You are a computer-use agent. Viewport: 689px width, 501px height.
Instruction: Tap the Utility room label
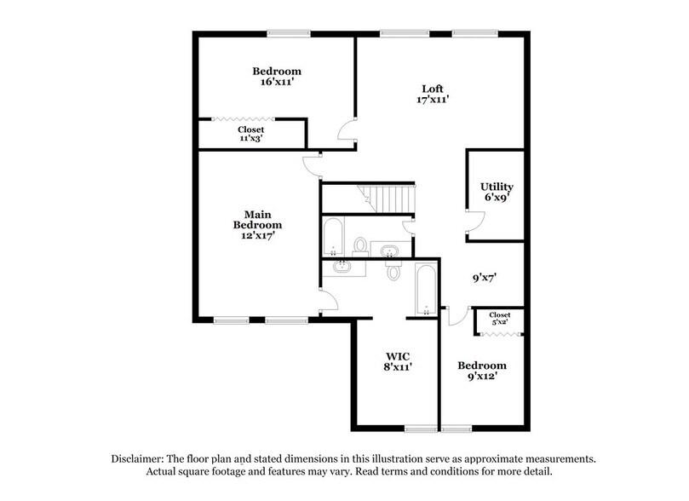coord(497,187)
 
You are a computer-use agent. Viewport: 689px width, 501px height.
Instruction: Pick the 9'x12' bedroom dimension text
coord(482,377)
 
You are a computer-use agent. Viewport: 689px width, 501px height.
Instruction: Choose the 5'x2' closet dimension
coord(500,324)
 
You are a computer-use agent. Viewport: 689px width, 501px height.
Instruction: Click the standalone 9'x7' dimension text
coord(485,277)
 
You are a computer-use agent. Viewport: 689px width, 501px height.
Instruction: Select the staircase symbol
coord(388,198)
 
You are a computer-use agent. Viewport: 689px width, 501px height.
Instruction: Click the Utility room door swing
coord(469,223)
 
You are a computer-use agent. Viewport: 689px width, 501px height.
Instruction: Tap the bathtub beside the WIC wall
coord(424,290)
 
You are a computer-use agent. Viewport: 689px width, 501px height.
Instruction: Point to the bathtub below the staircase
coord(334,235)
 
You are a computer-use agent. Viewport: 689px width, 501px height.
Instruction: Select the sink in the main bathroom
coord(343,268)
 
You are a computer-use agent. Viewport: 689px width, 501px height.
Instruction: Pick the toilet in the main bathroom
coord(393,270)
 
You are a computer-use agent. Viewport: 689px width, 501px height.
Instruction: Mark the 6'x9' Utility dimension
coord(497,199)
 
